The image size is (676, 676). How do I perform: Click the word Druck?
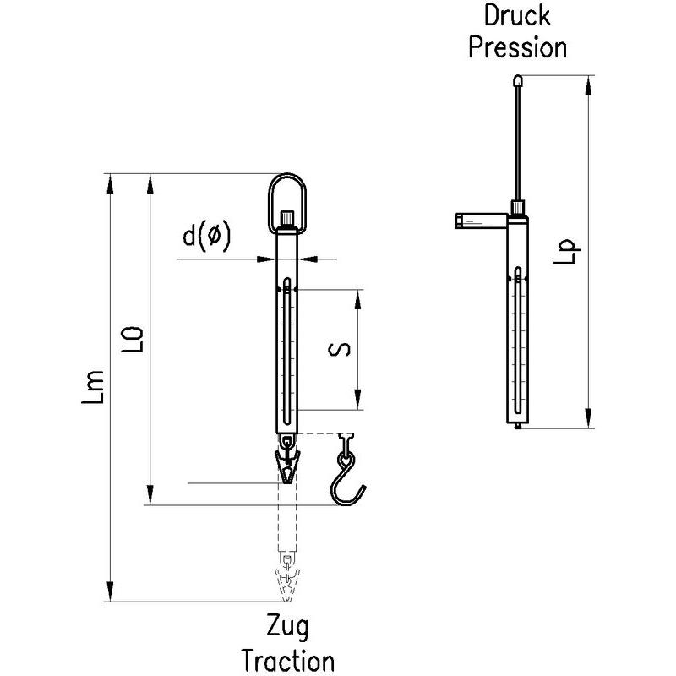516,15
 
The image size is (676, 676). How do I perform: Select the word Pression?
517,46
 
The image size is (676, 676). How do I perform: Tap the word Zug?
288,628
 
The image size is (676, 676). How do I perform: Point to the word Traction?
288,659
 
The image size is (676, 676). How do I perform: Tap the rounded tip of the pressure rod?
517,81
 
